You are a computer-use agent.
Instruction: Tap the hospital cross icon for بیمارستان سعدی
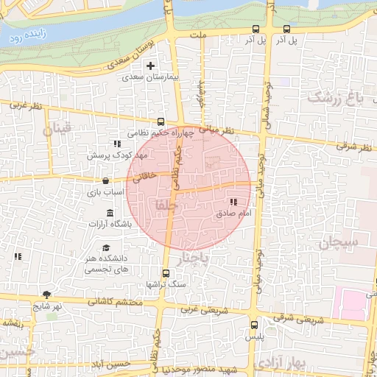150,66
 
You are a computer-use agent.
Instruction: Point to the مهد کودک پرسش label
119,155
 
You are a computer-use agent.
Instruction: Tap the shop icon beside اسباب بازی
106,180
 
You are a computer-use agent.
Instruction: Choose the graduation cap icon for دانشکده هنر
106,248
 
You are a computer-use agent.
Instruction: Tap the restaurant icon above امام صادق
233,202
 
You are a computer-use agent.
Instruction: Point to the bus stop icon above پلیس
254,324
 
